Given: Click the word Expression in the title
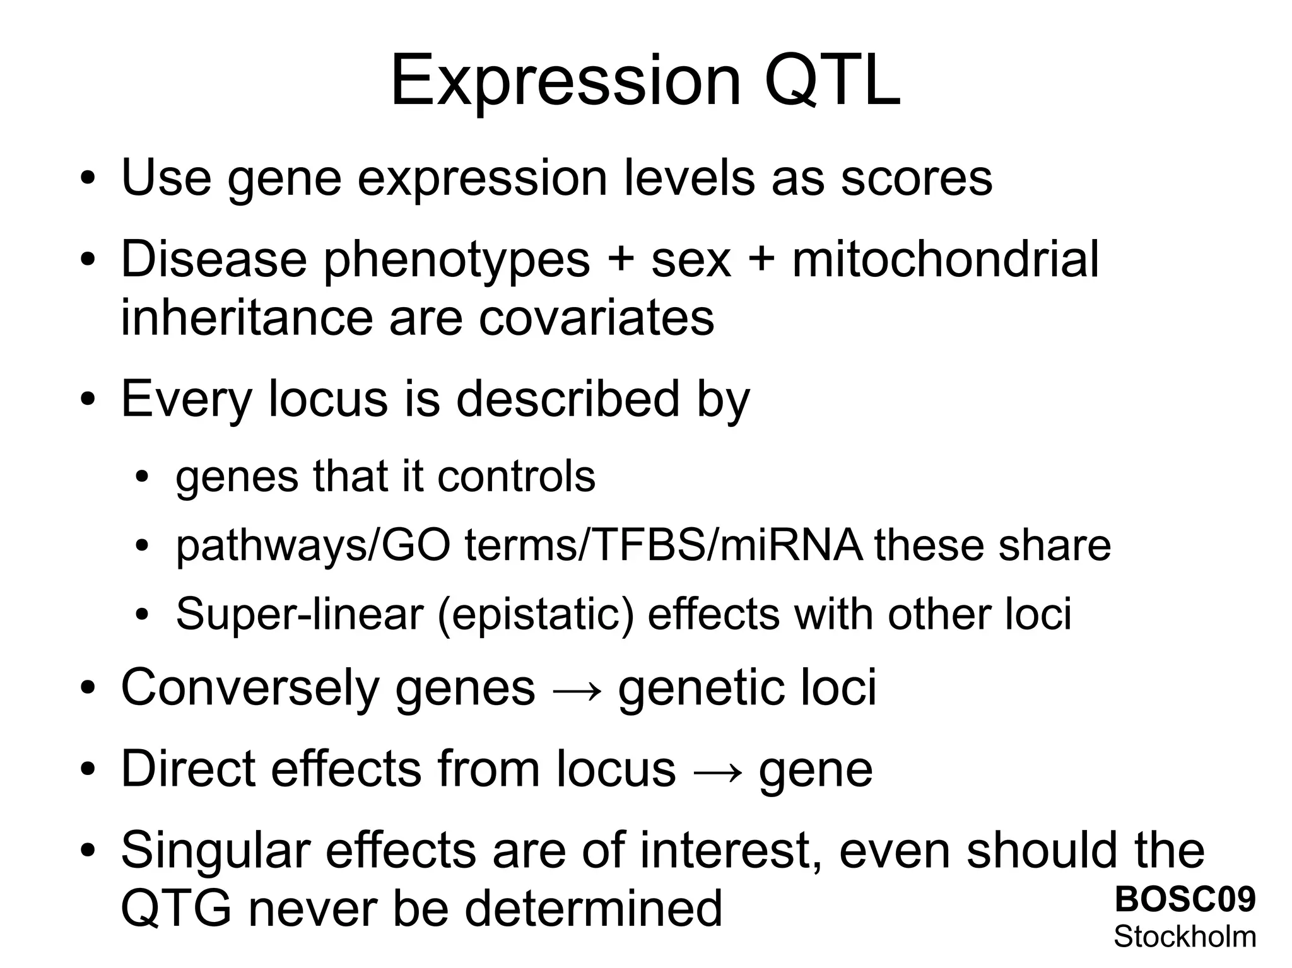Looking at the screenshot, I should coord(565,82).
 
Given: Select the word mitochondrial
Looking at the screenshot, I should coord(945,259).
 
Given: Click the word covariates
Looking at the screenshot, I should coord(596,317).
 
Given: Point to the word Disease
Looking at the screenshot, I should coord(214,259).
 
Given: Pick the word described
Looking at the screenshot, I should coord(568,399).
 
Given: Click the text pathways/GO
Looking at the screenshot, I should coord(312,546).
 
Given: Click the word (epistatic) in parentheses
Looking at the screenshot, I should coord(536,615).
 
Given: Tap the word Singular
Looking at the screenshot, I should coord(215,851).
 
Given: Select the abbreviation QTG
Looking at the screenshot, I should coord(176,909).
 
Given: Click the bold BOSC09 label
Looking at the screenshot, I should coord(1185,899).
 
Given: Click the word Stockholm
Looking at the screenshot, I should coord(1185,936).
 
